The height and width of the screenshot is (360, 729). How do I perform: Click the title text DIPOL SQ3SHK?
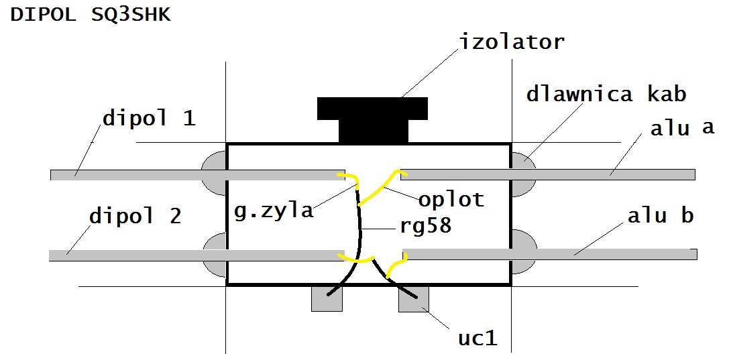91,15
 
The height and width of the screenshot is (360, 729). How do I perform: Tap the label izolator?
512,42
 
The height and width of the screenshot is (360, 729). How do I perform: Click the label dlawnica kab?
606,94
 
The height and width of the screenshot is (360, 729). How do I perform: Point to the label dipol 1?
149,119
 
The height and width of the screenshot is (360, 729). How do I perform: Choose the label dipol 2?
135,217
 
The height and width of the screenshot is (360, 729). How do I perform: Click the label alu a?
682,128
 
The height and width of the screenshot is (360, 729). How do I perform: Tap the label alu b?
661,217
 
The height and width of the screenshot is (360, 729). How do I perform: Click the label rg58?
425,225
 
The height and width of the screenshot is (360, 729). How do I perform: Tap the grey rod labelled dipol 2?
134,255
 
